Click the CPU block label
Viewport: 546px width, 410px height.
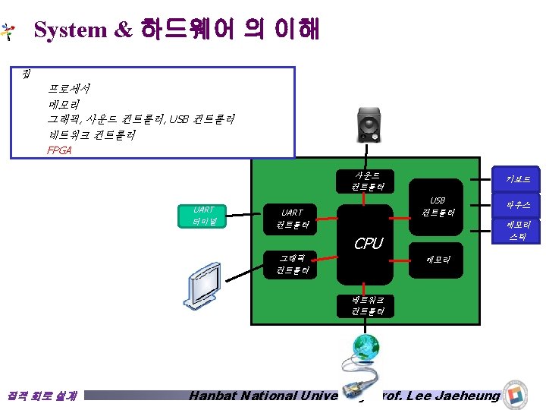click(x=369, y=244)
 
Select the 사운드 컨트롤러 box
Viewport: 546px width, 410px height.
click(x=367, y=181)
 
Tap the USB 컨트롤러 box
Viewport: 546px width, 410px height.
click(x=438, y=207)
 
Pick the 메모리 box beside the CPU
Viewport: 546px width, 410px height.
click(x=438, y=260)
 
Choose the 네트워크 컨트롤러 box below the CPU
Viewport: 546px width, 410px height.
click(x=368, y=305)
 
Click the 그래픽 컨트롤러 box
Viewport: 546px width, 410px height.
click(x=292, y=264)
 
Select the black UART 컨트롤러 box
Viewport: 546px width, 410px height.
click(x=292, y=219)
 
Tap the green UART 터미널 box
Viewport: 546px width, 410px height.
click(x=204, y=216)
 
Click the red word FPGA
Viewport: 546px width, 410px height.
click(x=58, y=150)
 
